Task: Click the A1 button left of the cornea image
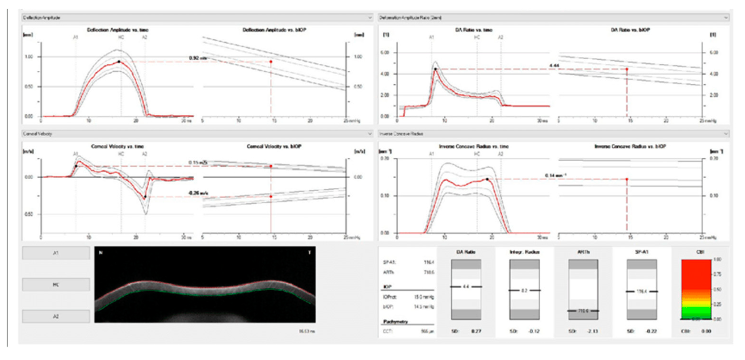(x=56, y=253)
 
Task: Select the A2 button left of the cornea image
(x=56, y=316)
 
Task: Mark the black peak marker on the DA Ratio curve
(x=435, y=69)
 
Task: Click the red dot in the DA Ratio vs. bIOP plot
(x=627, y=69)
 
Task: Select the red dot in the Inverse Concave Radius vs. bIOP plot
(x=627, y=179)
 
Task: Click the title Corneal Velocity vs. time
(x=117, y=146)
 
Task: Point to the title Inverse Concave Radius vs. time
(x=474, y=146)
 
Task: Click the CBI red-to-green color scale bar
(x=696, y=289)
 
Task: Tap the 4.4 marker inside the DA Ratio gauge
(x=466, y=287)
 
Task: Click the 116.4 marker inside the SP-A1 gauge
(x=642, y=291)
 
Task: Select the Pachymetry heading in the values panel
(x=395, y=321)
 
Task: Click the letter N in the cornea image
(x=101, y=253)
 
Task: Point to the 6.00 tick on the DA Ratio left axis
(x=385, y=53)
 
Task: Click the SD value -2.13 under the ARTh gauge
(x=592, y=331)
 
